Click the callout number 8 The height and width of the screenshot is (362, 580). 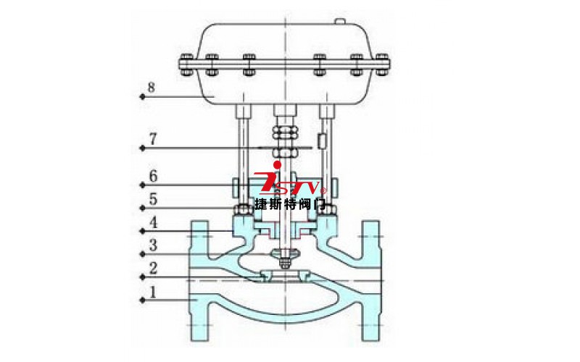(x=151, y=88)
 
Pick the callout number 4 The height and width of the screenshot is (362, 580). (x=152, y=222)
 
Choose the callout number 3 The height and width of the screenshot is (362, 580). (x=152, y=245)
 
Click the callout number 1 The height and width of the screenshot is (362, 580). (x=152, y=292)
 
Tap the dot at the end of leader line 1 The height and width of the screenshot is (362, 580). (x=141, y=299)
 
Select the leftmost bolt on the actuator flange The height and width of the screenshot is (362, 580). (x=186, y=64)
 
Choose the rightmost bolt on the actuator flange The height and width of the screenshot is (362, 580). (x=383, y=64)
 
